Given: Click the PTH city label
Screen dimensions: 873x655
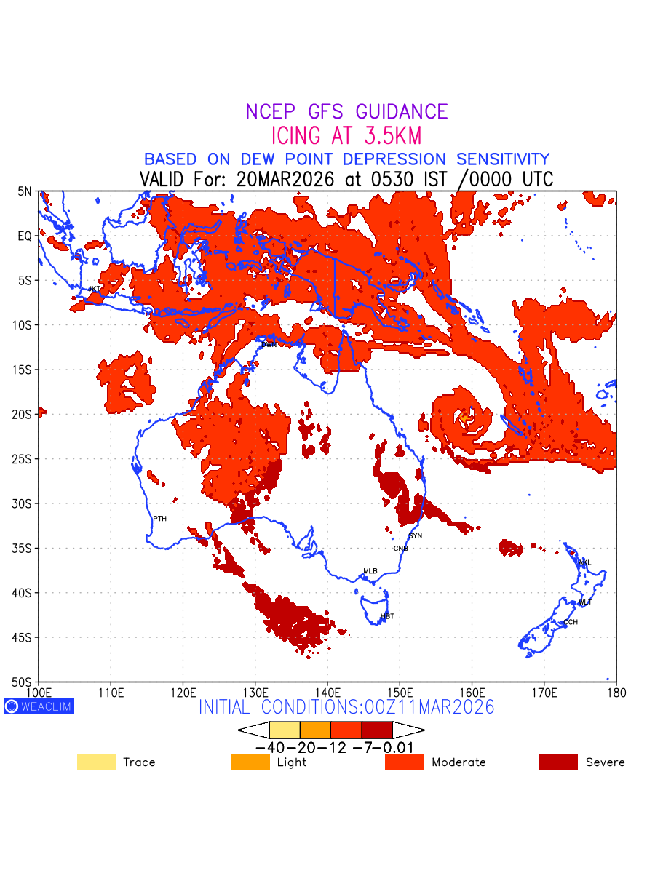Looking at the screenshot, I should click(159, 519).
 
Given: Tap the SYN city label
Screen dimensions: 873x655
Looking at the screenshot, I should click(415, 536).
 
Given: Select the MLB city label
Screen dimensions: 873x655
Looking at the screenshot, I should click(370, 571).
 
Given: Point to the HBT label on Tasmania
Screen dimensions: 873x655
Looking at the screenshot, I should click(387, 616).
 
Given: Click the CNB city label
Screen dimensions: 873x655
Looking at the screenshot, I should click(401, 548).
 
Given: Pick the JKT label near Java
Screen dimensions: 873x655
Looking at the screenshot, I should click(95, 289).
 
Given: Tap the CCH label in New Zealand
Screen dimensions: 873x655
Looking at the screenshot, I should click(571, 622).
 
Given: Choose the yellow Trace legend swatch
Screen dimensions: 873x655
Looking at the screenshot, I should click(96, 762).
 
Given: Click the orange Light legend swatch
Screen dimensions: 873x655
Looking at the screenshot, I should click(250, 762).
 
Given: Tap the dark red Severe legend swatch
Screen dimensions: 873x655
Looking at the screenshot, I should click(558, 762).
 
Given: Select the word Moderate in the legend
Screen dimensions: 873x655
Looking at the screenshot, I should click(458, 762).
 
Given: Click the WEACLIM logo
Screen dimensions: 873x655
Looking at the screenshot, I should click(39, 706).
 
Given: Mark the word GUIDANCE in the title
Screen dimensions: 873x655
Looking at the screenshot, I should click(401, 112).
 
